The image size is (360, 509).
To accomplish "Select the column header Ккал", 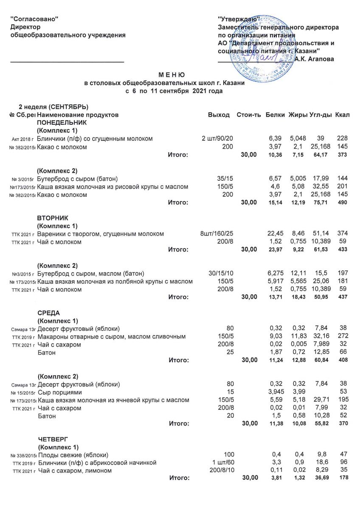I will pyautogui.click(x=342, y=115).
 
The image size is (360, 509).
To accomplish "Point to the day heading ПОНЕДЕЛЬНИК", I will pyautogui.click(x=62, y=122).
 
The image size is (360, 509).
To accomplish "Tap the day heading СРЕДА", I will pyautogui.click(x=48, y=313).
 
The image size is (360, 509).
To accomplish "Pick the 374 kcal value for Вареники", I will pyautogui.click(x=342, y=234).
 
